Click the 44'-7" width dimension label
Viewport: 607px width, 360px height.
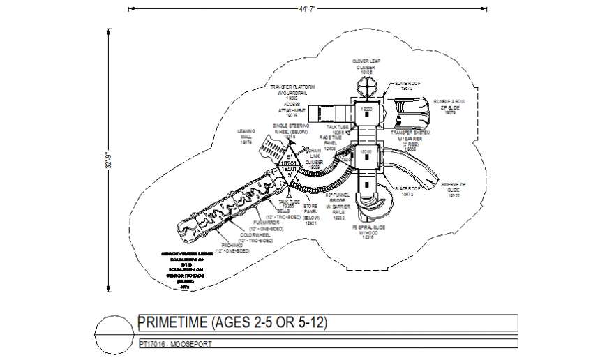click(x=308, y=9)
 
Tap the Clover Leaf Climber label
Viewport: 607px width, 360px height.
click(x=366, y=66)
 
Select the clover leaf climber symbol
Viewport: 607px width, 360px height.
click(x=366, y=89)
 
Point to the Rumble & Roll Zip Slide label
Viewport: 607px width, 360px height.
click(x=450, y=105)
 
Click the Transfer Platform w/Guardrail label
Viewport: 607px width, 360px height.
click(x=289, y=93)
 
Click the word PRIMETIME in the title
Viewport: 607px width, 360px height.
click(x=173, y=323)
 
